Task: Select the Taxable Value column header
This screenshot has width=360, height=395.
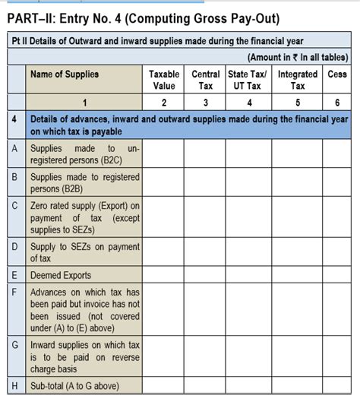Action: pos(163,81)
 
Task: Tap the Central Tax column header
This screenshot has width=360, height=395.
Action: pos(205,81)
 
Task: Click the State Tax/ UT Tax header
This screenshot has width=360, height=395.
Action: pos(248,81)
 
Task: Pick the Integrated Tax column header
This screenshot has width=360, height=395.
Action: pos(297,81)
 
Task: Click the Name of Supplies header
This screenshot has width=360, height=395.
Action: pos(65,74)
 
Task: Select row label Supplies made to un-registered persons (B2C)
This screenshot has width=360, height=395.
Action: pos(84,155)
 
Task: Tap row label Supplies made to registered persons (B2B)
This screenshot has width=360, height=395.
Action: pos(84,183)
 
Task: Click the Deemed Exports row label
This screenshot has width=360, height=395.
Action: pos(61,275)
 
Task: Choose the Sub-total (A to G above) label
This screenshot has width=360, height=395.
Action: pos(74,387)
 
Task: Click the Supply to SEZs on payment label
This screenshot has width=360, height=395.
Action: pos(84,252)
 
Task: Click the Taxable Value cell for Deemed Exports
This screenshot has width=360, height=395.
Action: pos(163,275)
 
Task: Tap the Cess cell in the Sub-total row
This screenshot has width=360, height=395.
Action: pos(336,387)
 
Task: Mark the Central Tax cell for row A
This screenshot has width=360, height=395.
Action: pos(205,155)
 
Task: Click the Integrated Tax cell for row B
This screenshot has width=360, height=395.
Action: pos(297,183)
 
